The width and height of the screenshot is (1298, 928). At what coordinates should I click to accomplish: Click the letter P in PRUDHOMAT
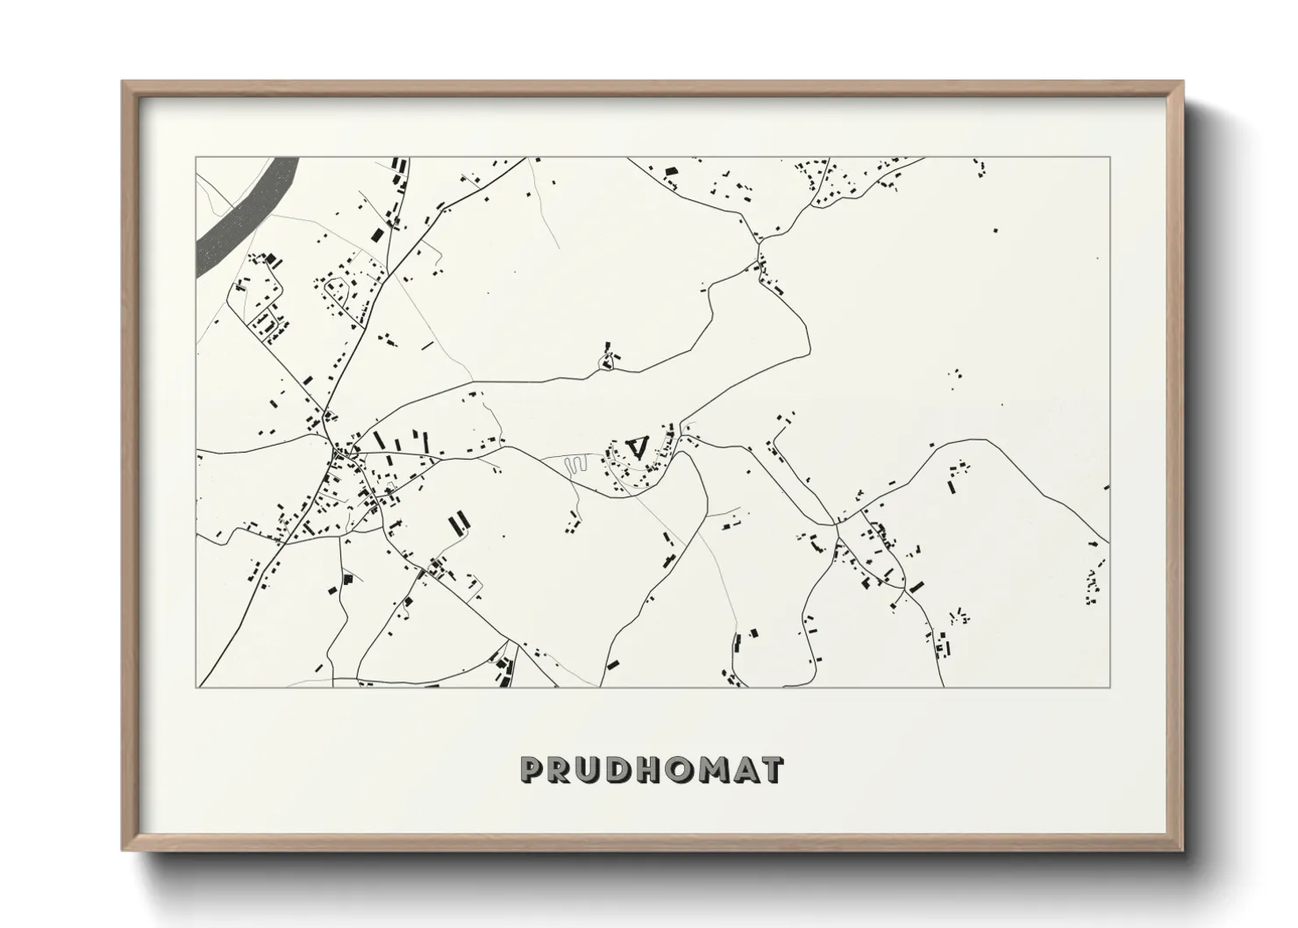click(533, 770)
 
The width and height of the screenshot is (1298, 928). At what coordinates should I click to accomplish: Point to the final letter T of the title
click(773, 770)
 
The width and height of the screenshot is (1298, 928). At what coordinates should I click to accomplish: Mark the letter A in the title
click(746, 770)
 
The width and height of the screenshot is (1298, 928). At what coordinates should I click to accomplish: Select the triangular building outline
click(638, 446)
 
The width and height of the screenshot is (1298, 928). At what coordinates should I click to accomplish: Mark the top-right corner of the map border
click(1109, 158)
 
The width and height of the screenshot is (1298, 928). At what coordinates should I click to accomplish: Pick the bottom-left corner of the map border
click(196, 687)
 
